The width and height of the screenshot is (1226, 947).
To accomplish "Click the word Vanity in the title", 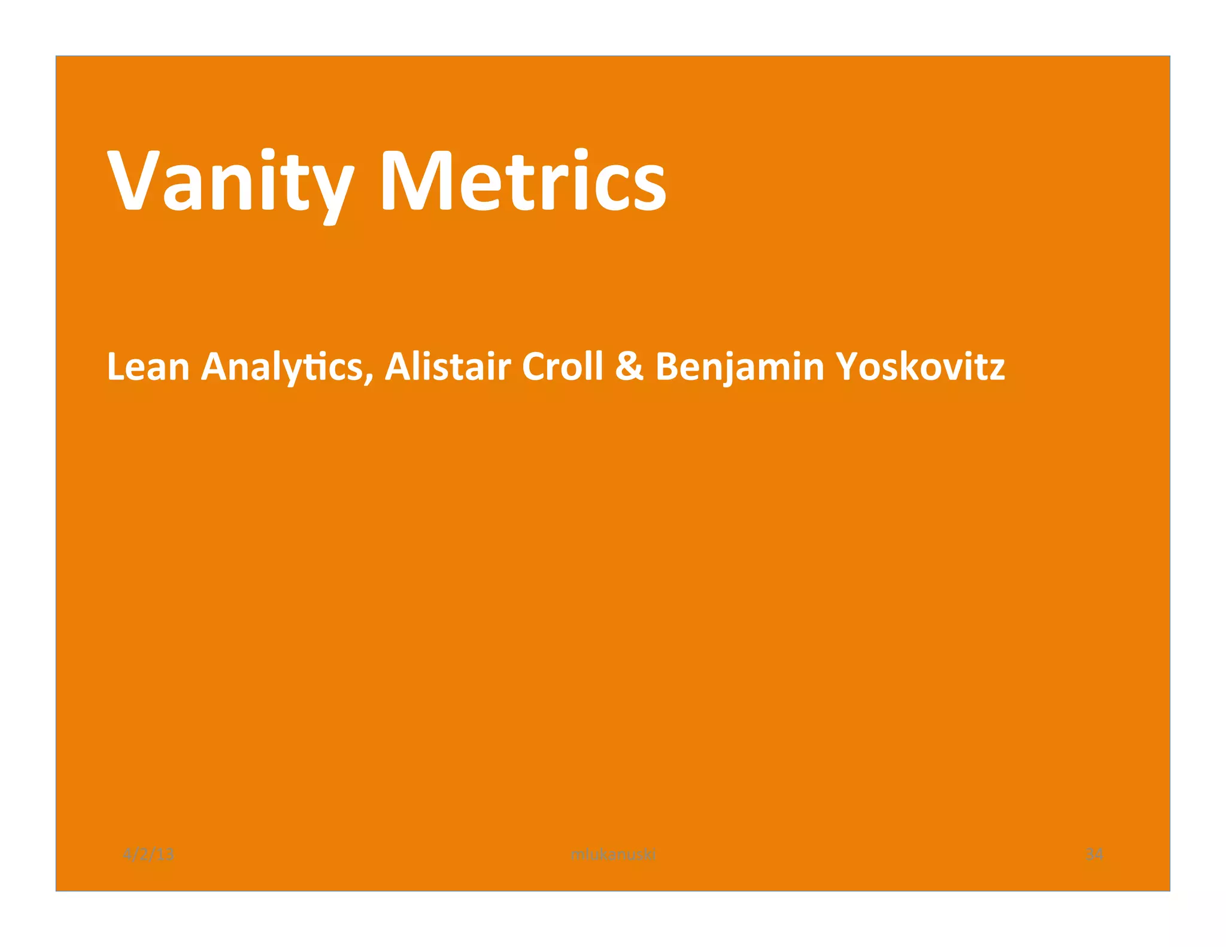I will click(230, 181).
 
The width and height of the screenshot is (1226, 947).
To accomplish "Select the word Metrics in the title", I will click(523, 181).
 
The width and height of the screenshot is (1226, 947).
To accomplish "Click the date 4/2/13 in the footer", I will click(148, 854).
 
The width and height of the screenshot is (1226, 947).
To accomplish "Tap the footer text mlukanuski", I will click(613, 854).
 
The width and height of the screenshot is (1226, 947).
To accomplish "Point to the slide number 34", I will click(1094, 854).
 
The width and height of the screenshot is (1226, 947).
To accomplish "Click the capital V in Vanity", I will click(133, 181).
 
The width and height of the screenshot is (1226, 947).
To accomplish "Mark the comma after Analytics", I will click(369, 377).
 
